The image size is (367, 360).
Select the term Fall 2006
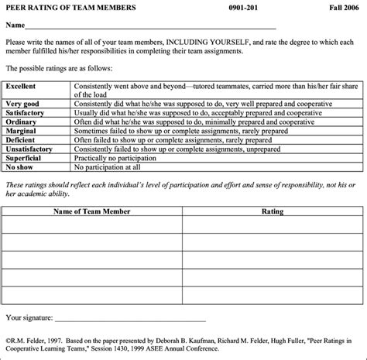point(343,7)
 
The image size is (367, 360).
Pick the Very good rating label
point(22,104)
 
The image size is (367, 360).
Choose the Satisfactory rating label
point(26,113)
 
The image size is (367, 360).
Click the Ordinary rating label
point(22,122)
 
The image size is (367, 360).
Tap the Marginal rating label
point(22,131)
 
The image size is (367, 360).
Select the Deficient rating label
point(22,139)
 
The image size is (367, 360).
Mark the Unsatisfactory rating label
point(29,149)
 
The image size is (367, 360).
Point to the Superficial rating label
point(26,157)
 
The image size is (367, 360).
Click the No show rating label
point(21,166)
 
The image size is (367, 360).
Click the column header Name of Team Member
point(91,211)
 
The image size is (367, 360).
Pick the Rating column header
point(273,211)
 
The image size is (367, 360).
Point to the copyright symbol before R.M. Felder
point(8,339)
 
